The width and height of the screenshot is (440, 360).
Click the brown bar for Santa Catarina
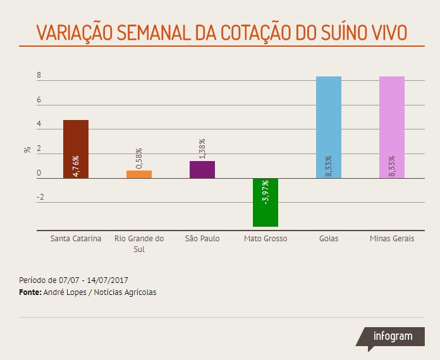[x=76, y=149]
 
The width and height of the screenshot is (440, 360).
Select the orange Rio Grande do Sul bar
[x=139, y=174]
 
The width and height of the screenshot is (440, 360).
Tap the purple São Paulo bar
[x=202, y=169]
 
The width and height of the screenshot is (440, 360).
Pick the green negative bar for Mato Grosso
[x=266, y=202]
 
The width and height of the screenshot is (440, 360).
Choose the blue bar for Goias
[x=329, y=126]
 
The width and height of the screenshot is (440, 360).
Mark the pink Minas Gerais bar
[x=392, y=126]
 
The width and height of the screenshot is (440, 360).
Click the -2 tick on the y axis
[x=40, y=197]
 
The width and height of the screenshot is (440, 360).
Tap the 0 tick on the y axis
[x=39, y=173]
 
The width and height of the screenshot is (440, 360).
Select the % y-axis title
[x=27, y=150]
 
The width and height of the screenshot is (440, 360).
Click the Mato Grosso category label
[x=266, y=239]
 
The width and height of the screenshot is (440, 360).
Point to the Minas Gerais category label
[x=392, y=239]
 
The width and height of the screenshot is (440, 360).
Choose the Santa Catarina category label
[x=76, y=239]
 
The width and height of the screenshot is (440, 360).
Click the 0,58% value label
[x=139, y=158]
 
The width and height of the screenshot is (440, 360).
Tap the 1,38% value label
[x=202, y=149]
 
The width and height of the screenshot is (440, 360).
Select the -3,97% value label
[x=266, y=192]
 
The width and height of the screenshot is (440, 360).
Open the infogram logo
[x=392, y=336]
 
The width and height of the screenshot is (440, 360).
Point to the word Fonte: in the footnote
[x=31, y=292]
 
